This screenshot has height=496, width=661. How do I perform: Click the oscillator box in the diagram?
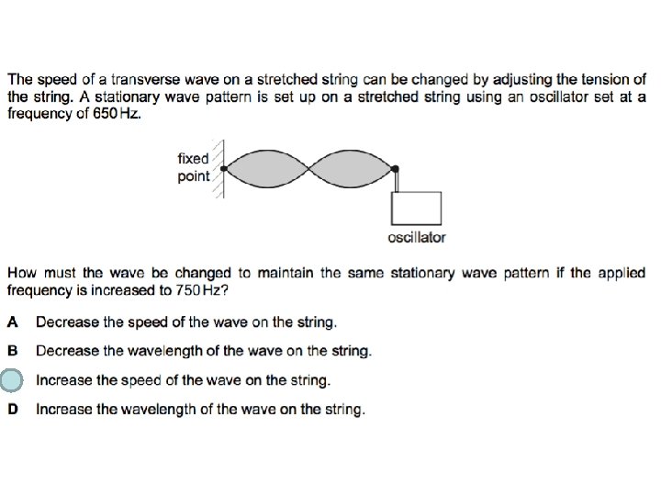coord(416,208)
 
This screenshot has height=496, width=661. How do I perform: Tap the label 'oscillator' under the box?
coord(417,237)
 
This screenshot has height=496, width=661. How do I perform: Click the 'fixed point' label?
coord(193,167)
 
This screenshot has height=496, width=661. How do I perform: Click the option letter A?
coord(13,321)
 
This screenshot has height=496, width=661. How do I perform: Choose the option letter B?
coord(13,351)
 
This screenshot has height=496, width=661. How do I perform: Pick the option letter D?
coord(13,410)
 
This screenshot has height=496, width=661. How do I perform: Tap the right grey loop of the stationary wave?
coord(353,168)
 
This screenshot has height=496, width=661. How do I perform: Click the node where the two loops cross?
coord(310,168)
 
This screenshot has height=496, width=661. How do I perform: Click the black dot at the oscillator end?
coord(396,168)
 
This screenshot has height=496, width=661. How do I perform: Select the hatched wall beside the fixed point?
coord(218,168)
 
